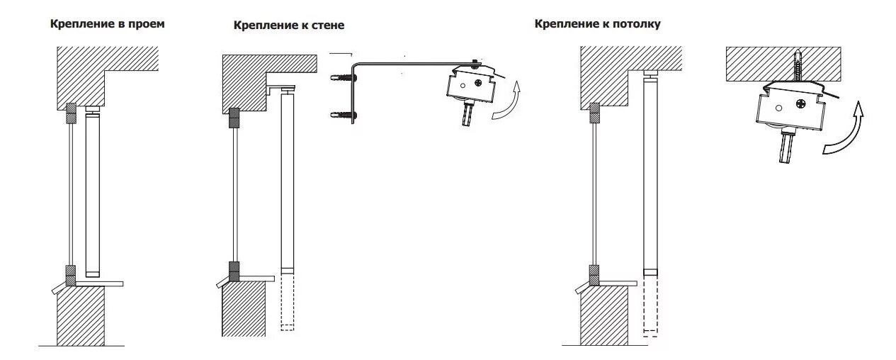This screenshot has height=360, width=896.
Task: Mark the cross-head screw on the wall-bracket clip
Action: pos(480,83)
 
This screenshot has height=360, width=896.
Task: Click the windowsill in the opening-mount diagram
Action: pos(99,283)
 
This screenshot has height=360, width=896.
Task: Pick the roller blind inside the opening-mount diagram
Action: pos(92,191)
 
